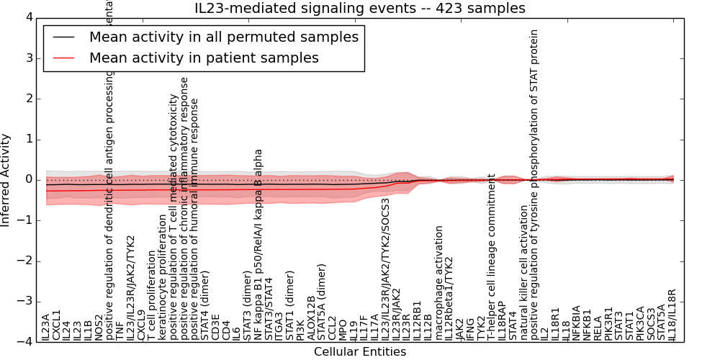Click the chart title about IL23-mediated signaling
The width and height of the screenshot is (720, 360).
click(360, 8)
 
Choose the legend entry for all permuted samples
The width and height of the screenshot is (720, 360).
click(223, 37)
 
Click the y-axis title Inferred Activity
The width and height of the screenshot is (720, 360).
click(6, 180)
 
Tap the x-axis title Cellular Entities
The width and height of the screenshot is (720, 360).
click(360, 352)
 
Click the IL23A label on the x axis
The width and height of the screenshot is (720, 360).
click(46, 326)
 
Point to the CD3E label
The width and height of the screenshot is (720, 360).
click(216, 328)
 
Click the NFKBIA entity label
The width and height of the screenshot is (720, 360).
click(577, 323)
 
